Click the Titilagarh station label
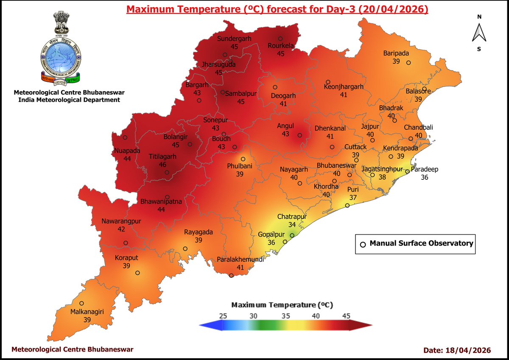pos(162,156)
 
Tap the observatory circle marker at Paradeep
pos(407,172)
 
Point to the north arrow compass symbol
pos(479,33)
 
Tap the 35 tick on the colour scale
pos(286,316)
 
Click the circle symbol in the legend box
pos(363,244)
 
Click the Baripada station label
pos(395,53)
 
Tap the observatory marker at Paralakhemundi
pos(231,276)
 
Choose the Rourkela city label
pos(281,46)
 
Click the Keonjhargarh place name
pos(344,87)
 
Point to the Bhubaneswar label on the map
pos(337,165)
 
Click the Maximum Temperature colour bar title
pos(282,305)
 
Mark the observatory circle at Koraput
pos(137,273)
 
